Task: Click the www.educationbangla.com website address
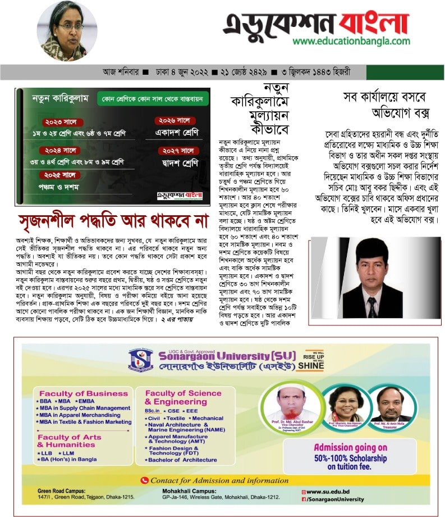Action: tap(351, 41)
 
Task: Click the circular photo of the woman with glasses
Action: tap(67, 31)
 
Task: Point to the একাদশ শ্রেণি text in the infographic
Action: tap(177, 133)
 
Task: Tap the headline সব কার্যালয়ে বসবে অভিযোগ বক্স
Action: tap(386, 105)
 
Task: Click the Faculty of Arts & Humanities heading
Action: tap(70, 441)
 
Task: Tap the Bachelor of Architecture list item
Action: tap(179, 460)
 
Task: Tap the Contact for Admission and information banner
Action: tap(224, 480)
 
